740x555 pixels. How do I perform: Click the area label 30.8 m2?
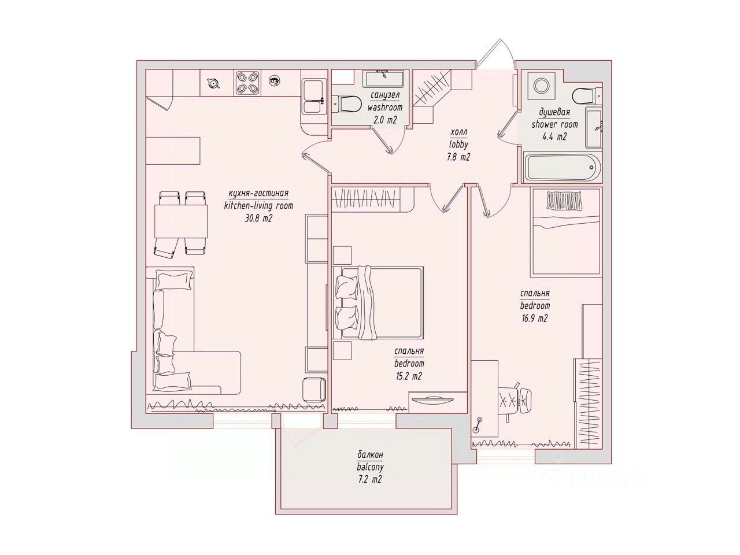[258, 219]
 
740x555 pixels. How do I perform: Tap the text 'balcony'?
[370, 467]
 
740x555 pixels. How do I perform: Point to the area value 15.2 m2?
[408, 376]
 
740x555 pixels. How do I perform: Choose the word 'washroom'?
[384, 108]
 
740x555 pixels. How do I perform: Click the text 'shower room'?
[554, 124]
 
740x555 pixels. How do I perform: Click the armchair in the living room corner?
[314, 390]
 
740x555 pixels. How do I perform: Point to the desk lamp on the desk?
[478, 424]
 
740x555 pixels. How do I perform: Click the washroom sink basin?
[383, 78]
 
